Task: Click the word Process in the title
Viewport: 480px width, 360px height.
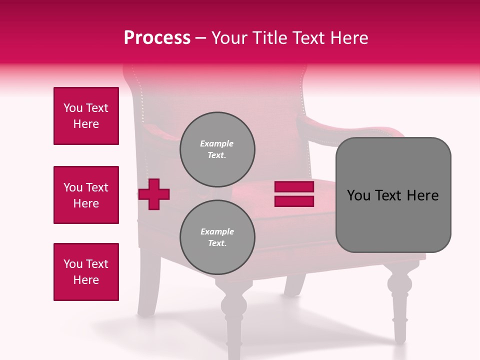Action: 157,38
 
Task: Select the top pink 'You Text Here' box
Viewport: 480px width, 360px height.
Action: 86,116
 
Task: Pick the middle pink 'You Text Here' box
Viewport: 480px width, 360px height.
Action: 86,195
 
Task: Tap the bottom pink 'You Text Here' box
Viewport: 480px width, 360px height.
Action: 86,272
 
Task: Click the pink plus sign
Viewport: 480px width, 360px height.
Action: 154,194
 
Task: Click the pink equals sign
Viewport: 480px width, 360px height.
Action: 294,194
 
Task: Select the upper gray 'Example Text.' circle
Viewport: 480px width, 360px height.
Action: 217,149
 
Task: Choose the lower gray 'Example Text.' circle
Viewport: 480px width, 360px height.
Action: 217,237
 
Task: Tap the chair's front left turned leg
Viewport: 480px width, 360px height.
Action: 233,320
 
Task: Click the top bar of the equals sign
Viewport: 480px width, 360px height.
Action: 294,187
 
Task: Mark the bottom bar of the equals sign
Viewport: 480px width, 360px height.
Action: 294,201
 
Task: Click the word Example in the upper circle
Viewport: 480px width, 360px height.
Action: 217,143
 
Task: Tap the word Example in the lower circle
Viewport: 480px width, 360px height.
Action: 217,231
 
